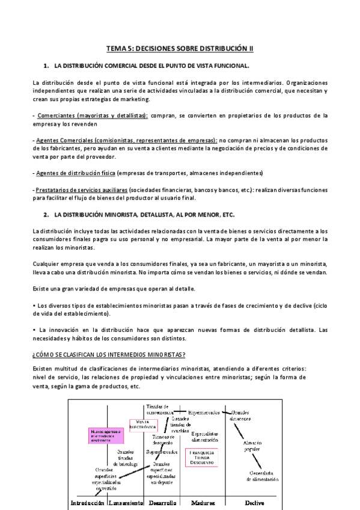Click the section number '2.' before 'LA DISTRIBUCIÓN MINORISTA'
click(x=46, y=214)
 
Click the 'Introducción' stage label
click(x=87, y=503)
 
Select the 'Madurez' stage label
click(x=203, y=503)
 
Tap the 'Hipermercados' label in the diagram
click(x=204, y=412)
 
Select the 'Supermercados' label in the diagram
click(x=161, y=451)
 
